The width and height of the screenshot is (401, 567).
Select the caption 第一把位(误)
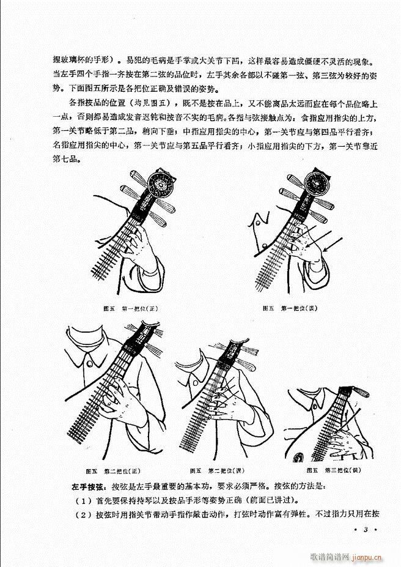(288, 308)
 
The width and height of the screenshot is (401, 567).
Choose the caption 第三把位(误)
(334, 470)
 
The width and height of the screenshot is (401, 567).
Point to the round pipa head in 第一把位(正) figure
(164, 185)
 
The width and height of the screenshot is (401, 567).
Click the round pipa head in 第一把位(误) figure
(318, 184)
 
